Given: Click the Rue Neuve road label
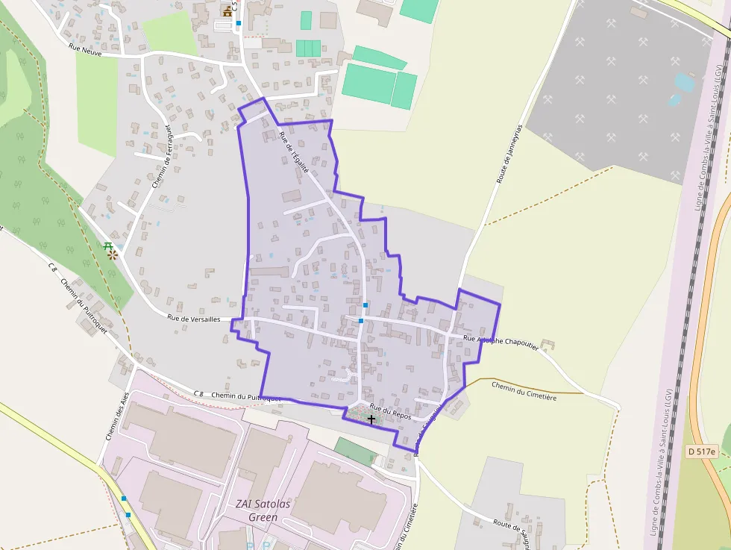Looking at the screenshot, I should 84,48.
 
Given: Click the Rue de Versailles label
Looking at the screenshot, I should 193,319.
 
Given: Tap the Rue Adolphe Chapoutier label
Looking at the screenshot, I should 501,340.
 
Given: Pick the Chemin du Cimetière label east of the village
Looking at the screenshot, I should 524,390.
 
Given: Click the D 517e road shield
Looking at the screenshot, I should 701,451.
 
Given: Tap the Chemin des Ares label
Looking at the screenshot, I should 118,416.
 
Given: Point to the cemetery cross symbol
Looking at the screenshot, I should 371,419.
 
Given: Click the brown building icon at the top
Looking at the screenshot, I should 228,10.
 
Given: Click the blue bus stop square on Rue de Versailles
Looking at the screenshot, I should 360,321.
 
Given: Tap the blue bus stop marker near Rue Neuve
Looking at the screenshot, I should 239,24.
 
